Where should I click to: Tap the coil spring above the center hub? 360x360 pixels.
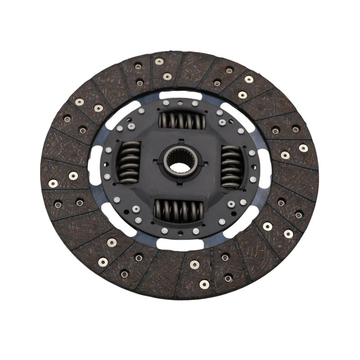[x=183, y=120]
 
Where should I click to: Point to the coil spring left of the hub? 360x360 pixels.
[x=129, y=162]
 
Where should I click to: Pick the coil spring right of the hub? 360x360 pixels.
[x=232, y=166]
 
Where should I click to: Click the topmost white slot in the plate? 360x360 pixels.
[x=180, y=95]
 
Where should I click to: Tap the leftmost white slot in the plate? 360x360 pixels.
[x=95, y=166]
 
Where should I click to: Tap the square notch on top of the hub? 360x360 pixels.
[x=181, y=141]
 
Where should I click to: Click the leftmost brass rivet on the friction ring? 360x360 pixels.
[x=53, y=183]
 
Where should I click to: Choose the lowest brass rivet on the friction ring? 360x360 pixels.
[x=204, y=284]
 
